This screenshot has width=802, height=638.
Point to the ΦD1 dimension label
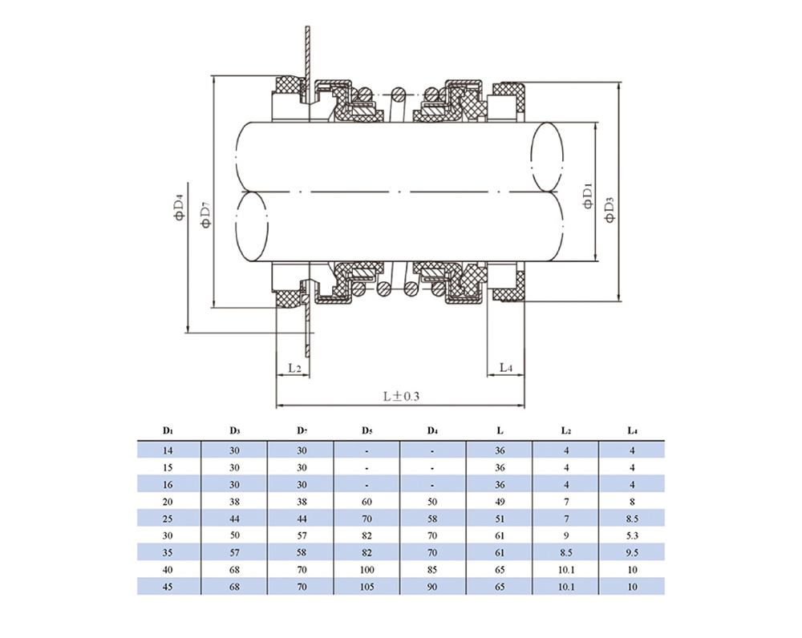click(x=587, y=196)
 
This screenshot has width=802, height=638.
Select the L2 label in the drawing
click(x=294, y=368)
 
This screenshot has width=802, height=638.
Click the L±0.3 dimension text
click(x=401, y=396)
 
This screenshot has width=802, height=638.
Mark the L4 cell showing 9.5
click(x=632, y=552)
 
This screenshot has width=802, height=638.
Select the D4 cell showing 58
click(x=432, y=516)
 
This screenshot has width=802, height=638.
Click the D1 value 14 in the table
click(x=168, y=450)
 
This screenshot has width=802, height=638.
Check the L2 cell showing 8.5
click(x=565, y=552)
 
